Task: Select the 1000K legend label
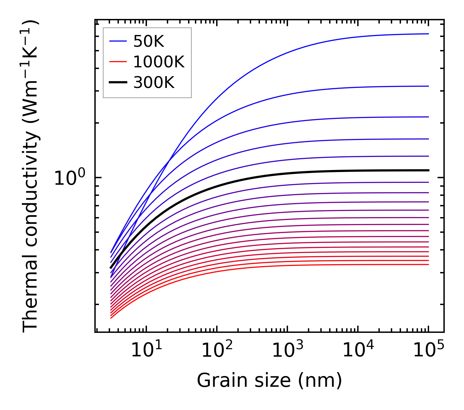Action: [159, 62]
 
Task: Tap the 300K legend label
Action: [154, 83]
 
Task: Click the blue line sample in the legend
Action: [118, 41]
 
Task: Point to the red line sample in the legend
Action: [118, 61]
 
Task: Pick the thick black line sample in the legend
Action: [118, 82]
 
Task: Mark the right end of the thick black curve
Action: [428, 170]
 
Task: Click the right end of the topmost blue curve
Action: [428, 34]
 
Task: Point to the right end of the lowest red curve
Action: [428, 265]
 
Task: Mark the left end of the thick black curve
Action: [111, 268]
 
